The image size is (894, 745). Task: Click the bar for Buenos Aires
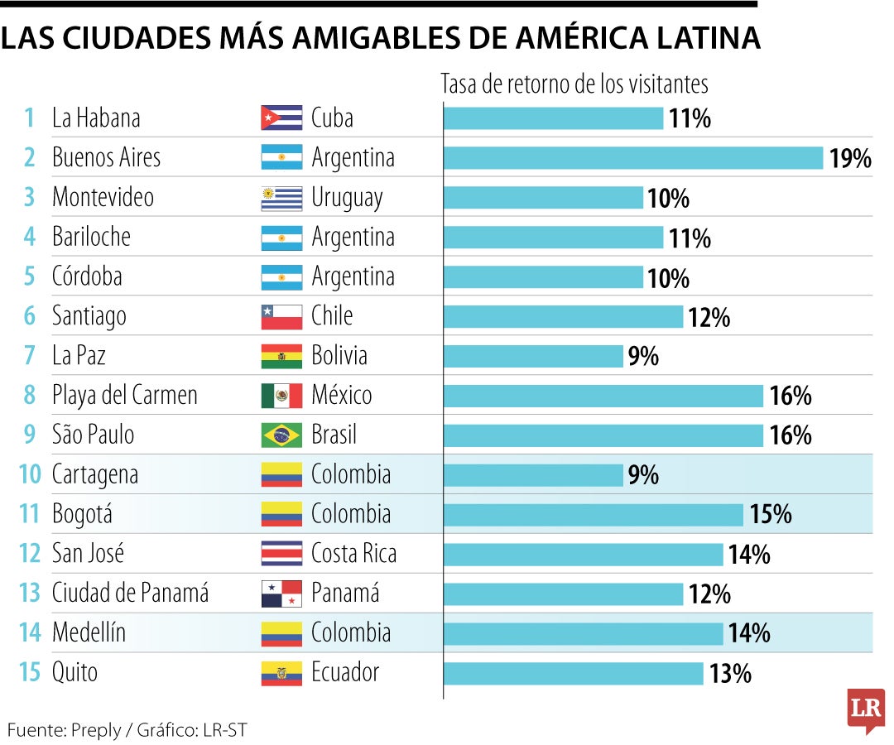point(633,158)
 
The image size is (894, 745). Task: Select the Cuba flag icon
point(281,118)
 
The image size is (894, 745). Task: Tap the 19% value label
point(849,159)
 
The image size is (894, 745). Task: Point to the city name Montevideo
point(103,198)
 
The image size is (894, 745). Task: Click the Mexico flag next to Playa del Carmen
point(281,396)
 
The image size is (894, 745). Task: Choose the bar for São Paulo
point(603,435)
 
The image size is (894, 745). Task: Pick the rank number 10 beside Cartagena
point(29,475)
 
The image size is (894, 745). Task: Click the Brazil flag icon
point(281,435)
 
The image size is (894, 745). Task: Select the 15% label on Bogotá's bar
point(770,515)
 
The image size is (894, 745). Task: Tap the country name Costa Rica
point(353,554)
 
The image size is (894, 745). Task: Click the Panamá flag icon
point(281,594)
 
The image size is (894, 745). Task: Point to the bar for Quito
point(574,674)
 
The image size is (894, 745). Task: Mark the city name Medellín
point(89,633)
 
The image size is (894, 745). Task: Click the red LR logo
point(865,709)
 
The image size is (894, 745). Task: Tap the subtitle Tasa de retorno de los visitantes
point(574,84)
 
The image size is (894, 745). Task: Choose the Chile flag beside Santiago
point(281,316)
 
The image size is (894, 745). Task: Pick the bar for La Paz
point(533,356)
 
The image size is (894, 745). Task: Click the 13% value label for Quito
point(730,674)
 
